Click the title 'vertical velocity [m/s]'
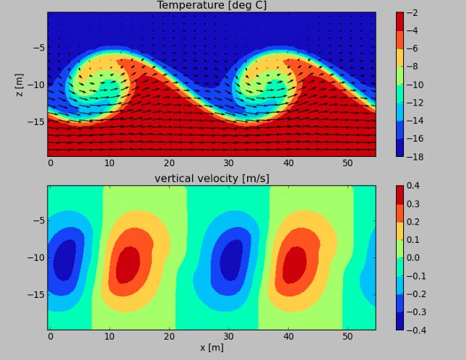coord(211,179)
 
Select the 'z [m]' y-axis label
coord(20,85)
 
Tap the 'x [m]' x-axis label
coord(211,348)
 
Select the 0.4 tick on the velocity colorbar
coord(415,187)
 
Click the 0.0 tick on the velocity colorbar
coord(415,258)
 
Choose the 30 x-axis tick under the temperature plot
coord(228,163)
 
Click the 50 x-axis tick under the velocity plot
coord(348,337)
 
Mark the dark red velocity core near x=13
coord(128,265)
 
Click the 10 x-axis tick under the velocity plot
coord(109,337)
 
